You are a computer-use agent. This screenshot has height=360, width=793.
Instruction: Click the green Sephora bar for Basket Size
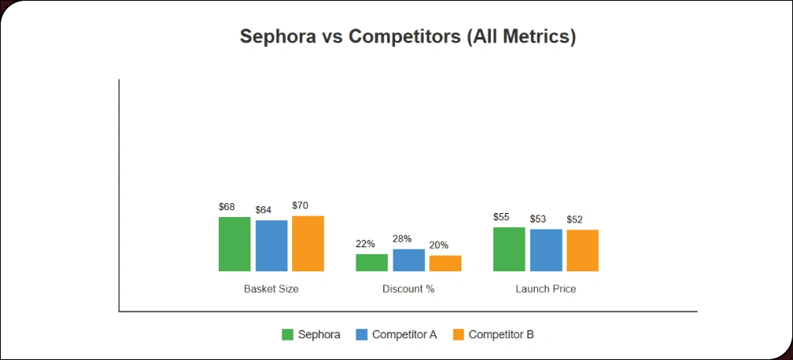pos(234,244)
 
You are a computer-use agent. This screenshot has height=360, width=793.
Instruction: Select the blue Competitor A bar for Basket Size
pos(271,246)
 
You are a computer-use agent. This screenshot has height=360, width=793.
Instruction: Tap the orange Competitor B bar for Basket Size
pos(308,243)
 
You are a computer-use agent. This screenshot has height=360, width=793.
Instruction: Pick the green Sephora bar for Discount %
pos(372,263)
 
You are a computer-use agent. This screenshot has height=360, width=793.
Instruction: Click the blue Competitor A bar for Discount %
pos(409,260)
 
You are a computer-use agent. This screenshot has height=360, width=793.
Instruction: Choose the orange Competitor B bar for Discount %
pos(445,263)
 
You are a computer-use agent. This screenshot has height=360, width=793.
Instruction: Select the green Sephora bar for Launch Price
pos(509,250)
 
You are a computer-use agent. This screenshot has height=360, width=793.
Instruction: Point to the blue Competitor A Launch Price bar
pos(546,250)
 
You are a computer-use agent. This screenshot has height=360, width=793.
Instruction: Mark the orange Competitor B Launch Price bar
pos(582,250)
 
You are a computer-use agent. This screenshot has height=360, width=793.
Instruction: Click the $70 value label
pos(300,205)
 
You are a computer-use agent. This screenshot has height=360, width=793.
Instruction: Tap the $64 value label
pos(264,210)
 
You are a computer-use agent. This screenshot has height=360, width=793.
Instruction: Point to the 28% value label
pos(402,239)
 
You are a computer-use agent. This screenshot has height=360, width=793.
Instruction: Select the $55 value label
pos(502,217)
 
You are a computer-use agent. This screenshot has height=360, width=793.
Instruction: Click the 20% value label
pos(438,245)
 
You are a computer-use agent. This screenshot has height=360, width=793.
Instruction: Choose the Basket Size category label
pos(271,289)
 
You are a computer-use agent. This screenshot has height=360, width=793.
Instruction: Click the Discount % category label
pos(408,289)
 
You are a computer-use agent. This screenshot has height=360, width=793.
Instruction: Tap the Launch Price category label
pos(546,289)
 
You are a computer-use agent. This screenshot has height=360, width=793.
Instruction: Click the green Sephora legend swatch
pos(287,335)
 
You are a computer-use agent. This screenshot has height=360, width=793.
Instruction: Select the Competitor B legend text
pos(501,335)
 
